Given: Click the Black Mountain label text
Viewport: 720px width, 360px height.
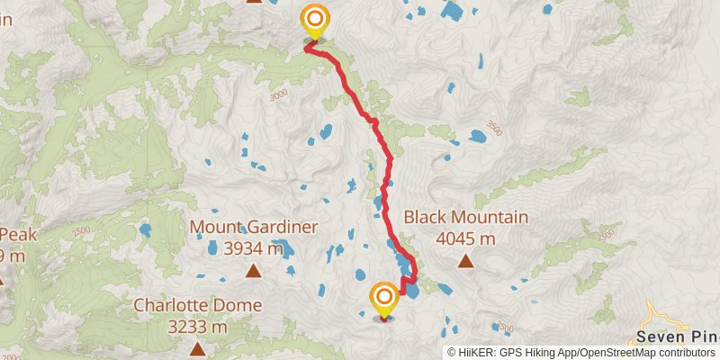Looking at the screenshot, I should point(465,217).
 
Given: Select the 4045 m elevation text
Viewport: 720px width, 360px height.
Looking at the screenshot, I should point(465,238).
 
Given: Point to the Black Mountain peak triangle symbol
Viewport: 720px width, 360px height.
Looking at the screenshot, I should point(465,262).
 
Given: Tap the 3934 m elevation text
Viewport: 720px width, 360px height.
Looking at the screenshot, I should point(254,248).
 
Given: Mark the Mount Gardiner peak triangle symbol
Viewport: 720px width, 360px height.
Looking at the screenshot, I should point(254,270).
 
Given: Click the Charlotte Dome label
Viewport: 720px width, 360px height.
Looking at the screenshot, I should point(198,305).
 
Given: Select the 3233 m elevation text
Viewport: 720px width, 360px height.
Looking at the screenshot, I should point(198,326).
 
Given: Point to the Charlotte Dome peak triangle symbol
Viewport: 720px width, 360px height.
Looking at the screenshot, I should point(197,347).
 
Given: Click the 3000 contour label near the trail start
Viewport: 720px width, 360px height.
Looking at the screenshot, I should point(278,93).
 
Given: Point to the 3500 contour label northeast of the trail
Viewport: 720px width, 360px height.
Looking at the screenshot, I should point(492,127).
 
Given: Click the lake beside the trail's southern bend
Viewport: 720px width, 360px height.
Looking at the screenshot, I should point(412,291).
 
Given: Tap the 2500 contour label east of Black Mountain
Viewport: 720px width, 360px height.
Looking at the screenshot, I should point(605,236).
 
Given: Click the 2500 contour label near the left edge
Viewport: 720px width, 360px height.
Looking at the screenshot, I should point(82,233).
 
